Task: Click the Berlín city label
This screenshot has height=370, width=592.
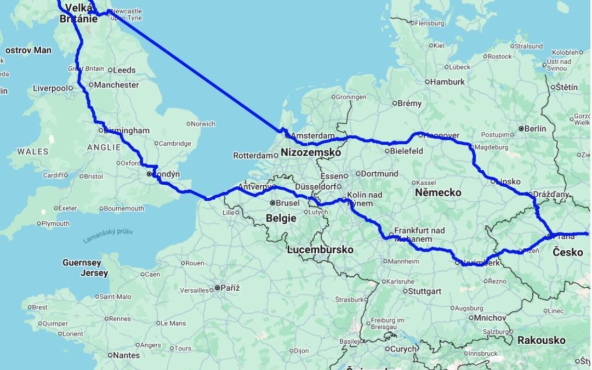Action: [535, 128]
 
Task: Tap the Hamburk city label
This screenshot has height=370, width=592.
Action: [447, 82]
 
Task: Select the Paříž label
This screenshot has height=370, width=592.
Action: [230, 288]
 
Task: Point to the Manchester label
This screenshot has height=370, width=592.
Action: [116, 85]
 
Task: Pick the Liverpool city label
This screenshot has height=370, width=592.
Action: [50, 88]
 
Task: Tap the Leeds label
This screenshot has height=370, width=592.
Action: [124, 70]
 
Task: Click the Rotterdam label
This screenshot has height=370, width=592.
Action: [253, 156]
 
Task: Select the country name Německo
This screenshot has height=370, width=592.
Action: [438, 193]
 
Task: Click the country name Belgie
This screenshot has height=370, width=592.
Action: [281, 218]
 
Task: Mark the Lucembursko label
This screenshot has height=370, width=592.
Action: [320, 250]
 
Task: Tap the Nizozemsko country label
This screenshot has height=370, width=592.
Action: [310, 153]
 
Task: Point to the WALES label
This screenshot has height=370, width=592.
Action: [32, 151]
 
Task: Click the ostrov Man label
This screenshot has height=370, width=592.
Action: [28, 50]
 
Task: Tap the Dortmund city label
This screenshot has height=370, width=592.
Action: [380, 174]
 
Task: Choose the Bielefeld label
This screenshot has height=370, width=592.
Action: [406, 151]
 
